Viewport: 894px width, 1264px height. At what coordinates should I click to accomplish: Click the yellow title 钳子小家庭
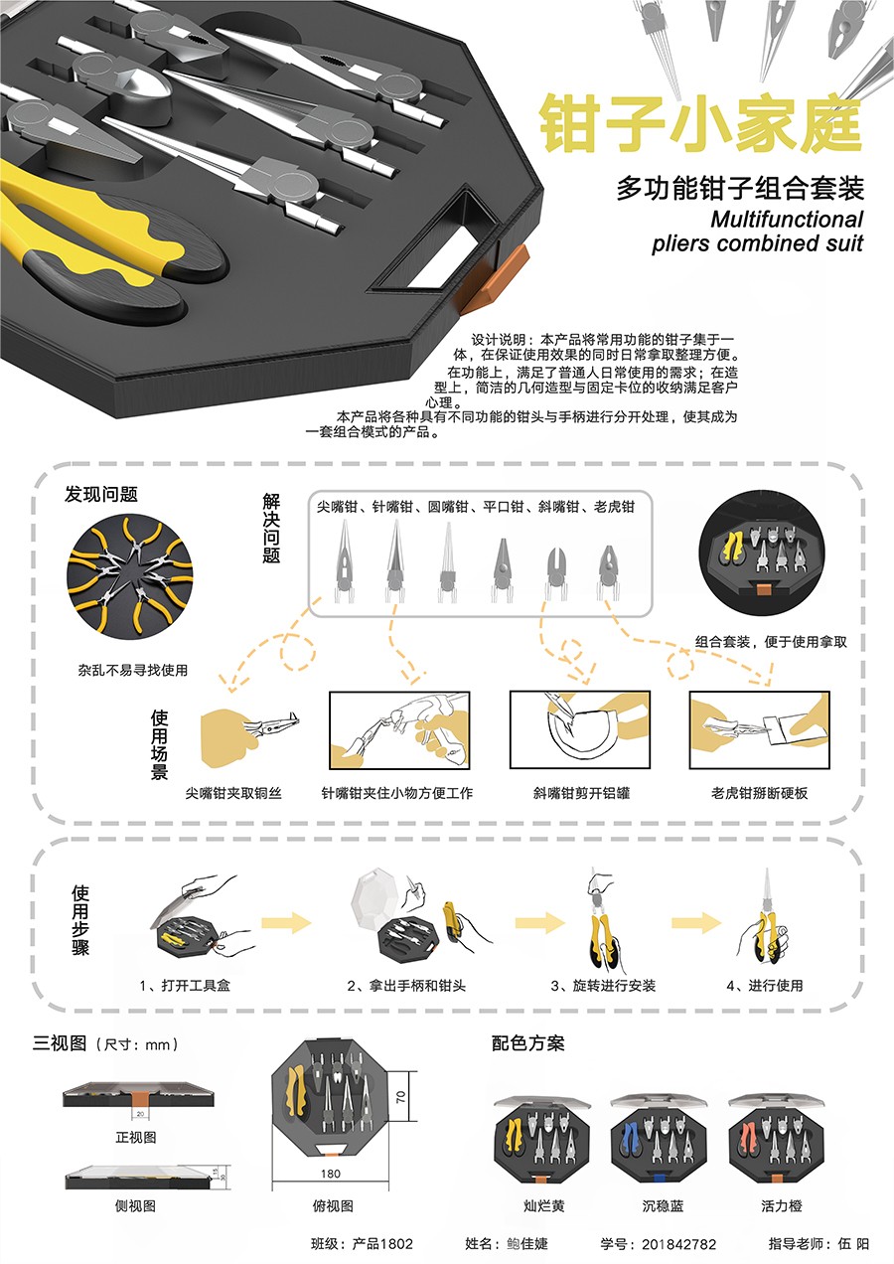click(700, 123)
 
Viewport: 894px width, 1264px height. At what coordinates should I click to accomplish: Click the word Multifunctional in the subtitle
click(787, 220)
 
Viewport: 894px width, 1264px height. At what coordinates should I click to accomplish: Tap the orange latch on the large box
click(494, 278)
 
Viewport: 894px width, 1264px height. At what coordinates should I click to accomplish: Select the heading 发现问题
click(101, 494)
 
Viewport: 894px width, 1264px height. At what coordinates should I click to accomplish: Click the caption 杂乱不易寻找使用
click(132, 670)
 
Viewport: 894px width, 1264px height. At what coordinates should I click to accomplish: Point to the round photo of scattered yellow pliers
click(130, 576)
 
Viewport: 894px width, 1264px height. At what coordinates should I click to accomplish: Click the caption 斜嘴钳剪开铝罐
click(581, 793)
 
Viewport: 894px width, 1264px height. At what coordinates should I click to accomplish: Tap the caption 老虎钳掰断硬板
click(759, 793)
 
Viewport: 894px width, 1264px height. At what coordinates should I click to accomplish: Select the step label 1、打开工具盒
click(185, 985)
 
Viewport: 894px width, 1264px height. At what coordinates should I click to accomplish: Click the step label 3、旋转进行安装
click(603, 985)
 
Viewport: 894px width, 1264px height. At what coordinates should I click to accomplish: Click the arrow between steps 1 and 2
click(286, 923)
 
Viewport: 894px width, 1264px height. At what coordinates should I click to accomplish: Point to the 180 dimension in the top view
click(331, 1174)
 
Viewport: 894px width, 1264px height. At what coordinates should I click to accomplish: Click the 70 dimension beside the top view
click(400, 1097)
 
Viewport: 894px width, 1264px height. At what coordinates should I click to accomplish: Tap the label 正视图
click(136, 1137)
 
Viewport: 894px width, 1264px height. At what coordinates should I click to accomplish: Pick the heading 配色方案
click(527, 1043)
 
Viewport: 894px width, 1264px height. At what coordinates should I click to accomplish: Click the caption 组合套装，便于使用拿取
click(771, 642)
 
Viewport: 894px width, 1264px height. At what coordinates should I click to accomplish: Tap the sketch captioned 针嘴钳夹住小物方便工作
click(399, 730)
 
